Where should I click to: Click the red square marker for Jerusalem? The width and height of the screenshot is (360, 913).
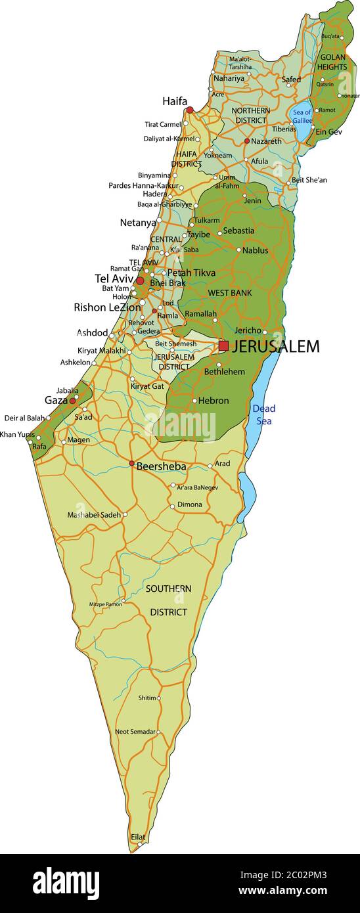pos(223,345)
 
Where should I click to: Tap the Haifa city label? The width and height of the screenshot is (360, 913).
pos(175,101)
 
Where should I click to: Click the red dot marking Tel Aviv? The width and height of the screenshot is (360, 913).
pos(140,280)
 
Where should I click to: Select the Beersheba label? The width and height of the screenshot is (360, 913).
pos(161,466)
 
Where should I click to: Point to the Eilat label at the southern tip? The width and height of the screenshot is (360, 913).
pos(138,837)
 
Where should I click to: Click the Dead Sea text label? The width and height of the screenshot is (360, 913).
pos(264,414)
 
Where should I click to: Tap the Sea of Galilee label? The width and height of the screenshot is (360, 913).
pos(302,116)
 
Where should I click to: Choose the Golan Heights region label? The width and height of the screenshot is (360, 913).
pos(333,62)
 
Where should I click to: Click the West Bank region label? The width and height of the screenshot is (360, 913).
pos(230,292)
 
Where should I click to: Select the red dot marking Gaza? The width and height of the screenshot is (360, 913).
pos(72,400)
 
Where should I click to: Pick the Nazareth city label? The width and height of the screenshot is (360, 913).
pos(267,141)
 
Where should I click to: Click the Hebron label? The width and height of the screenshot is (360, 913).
pos(214,401)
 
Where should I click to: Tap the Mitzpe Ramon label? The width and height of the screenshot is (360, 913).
pos(105,604)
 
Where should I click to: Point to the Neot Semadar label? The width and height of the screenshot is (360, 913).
pos(135,731)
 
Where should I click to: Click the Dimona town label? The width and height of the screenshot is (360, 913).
pos(190,505)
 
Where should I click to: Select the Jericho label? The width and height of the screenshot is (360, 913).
pos(248,330)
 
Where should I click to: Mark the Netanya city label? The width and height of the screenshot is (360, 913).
pos(138,223)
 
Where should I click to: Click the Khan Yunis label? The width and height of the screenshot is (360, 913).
pos(17,434)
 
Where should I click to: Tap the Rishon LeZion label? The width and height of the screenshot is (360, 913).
pos(107,307)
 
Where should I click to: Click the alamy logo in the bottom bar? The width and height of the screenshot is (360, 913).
pos(66,882)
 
